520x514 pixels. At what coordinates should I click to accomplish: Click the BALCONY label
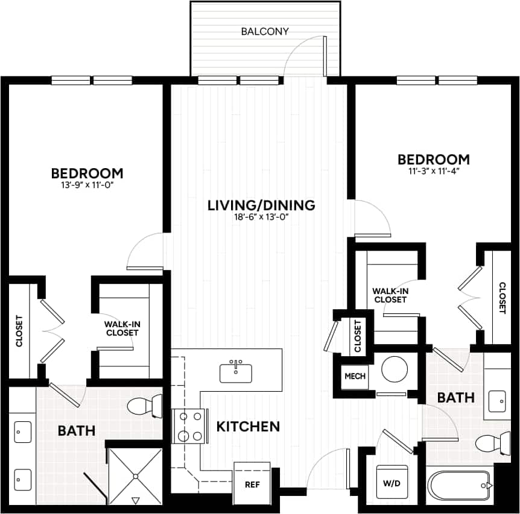(x=265, y=31)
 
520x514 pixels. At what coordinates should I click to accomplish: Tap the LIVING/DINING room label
(x=261, y=205)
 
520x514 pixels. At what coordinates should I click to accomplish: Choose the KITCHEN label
(x=248, y=427)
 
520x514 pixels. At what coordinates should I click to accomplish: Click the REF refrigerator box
(x=252, y=483)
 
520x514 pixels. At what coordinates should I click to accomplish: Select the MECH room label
(x=355, y=376)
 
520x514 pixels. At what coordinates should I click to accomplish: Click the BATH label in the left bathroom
(x=77, y=431)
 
